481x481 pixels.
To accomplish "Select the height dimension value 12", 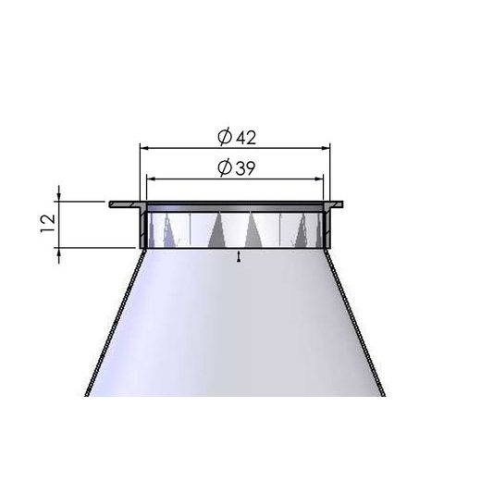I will (49, 223).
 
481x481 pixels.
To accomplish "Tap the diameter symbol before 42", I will (224, 136).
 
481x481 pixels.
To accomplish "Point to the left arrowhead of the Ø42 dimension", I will (143, 146).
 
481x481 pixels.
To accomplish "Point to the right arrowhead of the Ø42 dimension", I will (326, 146).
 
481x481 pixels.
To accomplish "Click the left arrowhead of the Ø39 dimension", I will (151, 178).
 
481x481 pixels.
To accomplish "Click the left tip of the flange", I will (112, 203).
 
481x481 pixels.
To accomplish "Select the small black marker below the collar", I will (239, 258).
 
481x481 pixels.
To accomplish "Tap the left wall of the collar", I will (143, 227).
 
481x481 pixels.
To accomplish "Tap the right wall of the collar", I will (327, 227).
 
